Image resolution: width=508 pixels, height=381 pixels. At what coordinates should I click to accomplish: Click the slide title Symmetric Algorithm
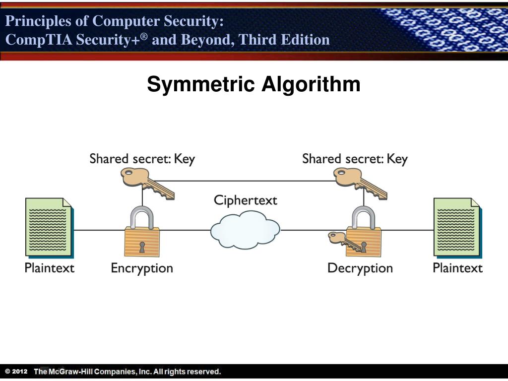(254, 84)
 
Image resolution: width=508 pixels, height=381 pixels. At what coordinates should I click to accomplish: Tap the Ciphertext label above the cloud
(245, 200)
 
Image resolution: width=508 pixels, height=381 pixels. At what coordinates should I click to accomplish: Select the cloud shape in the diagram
(245, 230)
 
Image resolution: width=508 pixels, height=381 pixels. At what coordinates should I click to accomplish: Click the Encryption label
(142, 268)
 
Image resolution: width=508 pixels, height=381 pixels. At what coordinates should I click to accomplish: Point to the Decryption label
(360, 268)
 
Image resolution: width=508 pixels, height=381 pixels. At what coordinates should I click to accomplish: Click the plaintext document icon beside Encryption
(49, 227)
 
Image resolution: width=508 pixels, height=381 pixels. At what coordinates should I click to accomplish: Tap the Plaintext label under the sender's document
(50, 268)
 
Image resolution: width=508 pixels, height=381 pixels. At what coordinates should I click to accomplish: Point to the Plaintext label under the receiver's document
(457, 268)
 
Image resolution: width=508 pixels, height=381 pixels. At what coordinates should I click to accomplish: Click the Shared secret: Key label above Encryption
(142, 159)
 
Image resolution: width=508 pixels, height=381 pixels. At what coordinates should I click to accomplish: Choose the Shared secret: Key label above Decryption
(355, 159)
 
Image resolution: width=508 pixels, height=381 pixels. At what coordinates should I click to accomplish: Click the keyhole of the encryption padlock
(142, 247)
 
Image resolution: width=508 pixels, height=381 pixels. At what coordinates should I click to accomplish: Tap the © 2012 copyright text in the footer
(16, 372)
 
